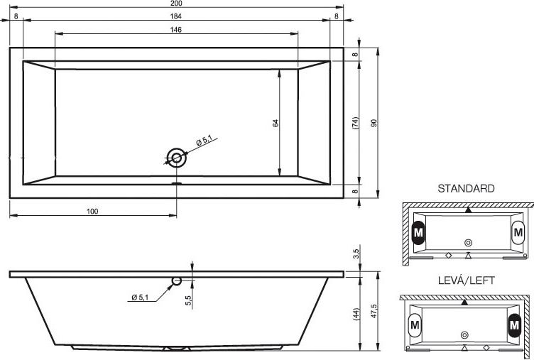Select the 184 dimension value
pyautogui.click(x=176, y=16)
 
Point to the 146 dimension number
pyautogui.click(x=176, y=29)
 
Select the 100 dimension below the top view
pyautogui.click(x=92, y=211)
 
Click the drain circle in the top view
pyautogui.click(x=176, y=158)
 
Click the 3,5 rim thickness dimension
pyautogui.click(x=355, y=253)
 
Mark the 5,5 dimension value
pyautogui.click(x=188, y=300)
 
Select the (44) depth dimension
pyautogui.click(x=355, y=312)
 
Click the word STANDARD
pyautogui.click(x=466, y=189)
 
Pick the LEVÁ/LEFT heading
pyautogui.click(x=466, y=280)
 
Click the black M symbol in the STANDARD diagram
pyautogui.click(x=418, y=232)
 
